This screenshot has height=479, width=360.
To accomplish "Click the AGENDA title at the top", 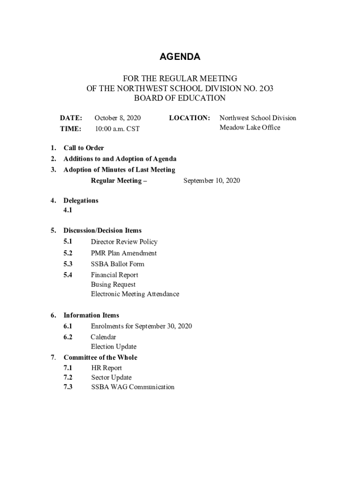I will click(180, 57).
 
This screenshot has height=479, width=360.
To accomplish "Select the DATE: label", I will click(71, 118).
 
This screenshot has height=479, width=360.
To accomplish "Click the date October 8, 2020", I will click(117, 118).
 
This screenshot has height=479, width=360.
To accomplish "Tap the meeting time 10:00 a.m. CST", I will click(117, 129).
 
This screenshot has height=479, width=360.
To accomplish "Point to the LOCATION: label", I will click(189, 118).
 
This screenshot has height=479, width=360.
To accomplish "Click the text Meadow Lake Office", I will click(250, 128).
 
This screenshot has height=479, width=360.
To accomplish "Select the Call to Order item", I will click(84, 148).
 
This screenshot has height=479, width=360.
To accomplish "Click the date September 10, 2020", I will click(212, 181).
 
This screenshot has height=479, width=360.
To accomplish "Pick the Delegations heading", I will click(81, 201).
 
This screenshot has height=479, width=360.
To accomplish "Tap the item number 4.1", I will click(68, 210).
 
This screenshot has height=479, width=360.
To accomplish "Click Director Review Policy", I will click(124, 242).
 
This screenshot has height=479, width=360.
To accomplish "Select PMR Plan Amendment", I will click(123, 253).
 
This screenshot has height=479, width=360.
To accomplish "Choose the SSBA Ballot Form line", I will click(117, 264).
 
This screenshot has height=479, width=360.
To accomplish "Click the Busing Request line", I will click(113, 284).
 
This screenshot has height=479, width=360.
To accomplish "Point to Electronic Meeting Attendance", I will click(135, 294).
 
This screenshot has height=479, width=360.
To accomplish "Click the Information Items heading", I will click(91, 315).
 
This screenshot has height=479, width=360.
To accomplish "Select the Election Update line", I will click(114, 347).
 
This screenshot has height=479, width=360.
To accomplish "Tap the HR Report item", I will click(106, 368).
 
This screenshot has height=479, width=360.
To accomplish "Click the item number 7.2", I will click(68, 377).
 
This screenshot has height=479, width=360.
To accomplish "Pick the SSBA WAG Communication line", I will click(133, 387).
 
